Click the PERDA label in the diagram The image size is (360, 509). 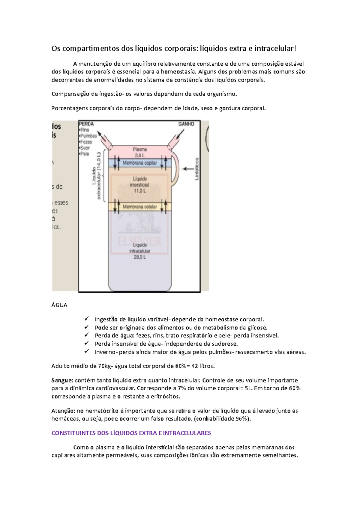pyautogui.click(x=86, y=124)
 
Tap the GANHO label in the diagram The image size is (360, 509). pyautogui.click(x=186, y=124)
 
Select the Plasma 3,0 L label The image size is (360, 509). pyautogui.click(x=140, y=152)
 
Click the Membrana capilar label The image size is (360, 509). pyautogui.click(x=140, y=163)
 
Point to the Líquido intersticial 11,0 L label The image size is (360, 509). pyautogui.click(x=140, y=185)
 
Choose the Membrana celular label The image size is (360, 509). pyautogui.click(x=140, y=207)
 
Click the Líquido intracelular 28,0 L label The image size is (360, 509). pyautogui.click(x=140, y=251)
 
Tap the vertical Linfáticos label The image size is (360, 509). pyautogui.click(x=197, y=169)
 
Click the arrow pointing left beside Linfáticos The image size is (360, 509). pyautogui.click(x=188, y=169)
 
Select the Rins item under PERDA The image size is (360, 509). pyautogui.click(x=85, y=130)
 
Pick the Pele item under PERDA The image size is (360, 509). pyautogui.click(x=85, y=154)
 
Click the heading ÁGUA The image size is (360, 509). pyautogui.click(x=59, y=305)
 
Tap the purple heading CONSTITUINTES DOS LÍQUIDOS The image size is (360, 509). pyautogui.click(x=131, y=433)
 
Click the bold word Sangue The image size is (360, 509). pyautogui.click(x=62, y=380)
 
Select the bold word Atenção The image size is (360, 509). pyautogui.click(x=63, y=411)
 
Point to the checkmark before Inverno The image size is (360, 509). pyautogui.click(x=87, y=351)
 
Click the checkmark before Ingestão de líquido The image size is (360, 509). pyautogui.click(x=87, y=319)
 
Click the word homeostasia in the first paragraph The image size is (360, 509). pyautogui.click(x=178, y=72)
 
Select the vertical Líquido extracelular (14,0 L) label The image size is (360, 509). pyautogui.click(x=96, y=176)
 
